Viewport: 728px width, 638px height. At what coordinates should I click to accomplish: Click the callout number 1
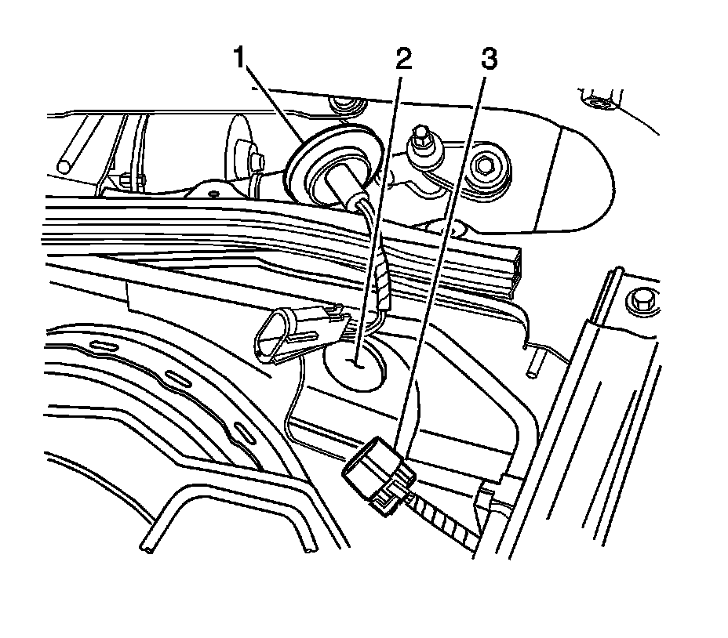coord(242,60)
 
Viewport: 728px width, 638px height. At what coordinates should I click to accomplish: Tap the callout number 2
coord(404,58)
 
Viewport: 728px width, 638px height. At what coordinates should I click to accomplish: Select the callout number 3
coord(488,58)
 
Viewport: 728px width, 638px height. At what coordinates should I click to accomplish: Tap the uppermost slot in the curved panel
coord(103,345)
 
